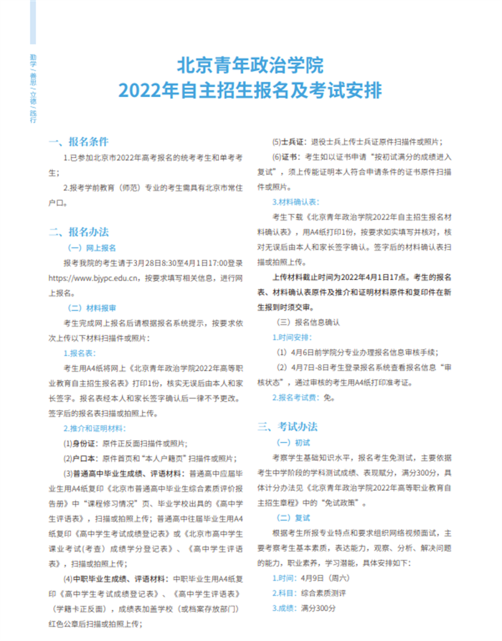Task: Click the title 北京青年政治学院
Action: click(x=250, y=65)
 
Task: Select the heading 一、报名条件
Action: click(x=77, y=141)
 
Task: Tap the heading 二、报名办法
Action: click(x=77, y=231)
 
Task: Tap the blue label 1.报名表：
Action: click(x=80, y=353)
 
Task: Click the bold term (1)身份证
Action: click(x=78, y=444)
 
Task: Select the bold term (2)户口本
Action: click(x=78, y=459)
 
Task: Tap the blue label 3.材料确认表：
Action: click(x=295, y=202)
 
